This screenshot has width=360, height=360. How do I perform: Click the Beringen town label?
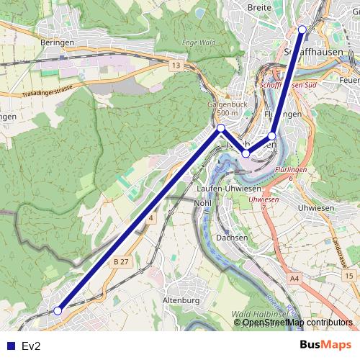pos(58,42)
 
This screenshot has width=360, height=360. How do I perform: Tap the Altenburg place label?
pos(181,300)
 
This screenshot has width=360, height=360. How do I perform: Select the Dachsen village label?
pos(232,237)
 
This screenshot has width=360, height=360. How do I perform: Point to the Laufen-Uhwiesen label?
pos(228,189)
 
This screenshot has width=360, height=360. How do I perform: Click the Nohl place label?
pos(203,203)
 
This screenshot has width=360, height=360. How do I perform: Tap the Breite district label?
pos(259,6)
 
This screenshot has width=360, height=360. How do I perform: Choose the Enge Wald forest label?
pos(199,42)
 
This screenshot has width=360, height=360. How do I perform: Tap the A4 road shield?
pos(294,277)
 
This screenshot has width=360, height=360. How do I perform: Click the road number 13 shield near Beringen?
pos(176,66)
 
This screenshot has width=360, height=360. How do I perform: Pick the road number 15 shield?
pos(348,276)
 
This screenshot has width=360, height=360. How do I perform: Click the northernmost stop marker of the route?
pos(302,30)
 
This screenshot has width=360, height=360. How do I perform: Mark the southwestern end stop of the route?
pos(58,311)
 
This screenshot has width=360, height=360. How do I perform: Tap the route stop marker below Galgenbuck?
pos(221,128)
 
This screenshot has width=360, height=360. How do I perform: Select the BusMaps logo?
pos(325,345)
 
